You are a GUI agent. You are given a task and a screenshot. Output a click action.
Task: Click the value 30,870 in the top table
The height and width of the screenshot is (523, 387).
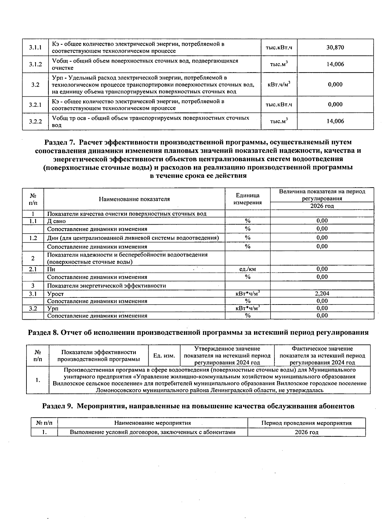coord(335,47)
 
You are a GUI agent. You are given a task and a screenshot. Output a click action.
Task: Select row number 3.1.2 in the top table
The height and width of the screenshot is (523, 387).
coord(35,64)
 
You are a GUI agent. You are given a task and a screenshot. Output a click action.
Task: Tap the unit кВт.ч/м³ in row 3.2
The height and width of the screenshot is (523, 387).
coord(279,84)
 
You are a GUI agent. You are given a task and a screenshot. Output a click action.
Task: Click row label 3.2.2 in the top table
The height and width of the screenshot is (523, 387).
coord(35,121)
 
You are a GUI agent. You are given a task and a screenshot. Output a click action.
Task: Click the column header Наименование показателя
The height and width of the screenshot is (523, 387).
coord(134,199)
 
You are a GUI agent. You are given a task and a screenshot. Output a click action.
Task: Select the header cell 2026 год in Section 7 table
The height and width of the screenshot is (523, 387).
coord(322,206)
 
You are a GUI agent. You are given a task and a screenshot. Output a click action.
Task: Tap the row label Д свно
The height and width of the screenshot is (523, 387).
coord(56,221)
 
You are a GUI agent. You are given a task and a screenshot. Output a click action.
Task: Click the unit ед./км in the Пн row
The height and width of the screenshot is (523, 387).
coord(247,269)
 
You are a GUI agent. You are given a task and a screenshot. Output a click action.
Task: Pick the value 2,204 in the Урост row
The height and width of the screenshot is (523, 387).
coord(322,294)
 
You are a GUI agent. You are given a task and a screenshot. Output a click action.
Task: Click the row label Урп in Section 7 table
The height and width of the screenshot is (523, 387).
coord(52,309)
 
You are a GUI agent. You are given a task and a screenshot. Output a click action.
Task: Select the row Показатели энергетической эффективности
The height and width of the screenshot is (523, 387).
coord(106,286)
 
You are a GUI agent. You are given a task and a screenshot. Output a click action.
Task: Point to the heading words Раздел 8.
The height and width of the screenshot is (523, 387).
coord(44,333)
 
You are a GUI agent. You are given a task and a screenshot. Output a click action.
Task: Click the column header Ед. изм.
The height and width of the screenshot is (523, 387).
coord(164,356)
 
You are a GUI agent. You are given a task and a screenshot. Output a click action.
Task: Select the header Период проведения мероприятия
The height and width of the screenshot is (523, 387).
coord(306,423)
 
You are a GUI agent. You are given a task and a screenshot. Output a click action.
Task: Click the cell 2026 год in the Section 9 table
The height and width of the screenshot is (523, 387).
coord(306,432)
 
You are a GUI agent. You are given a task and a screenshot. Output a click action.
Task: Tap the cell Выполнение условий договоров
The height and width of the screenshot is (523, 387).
coord(153,432)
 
